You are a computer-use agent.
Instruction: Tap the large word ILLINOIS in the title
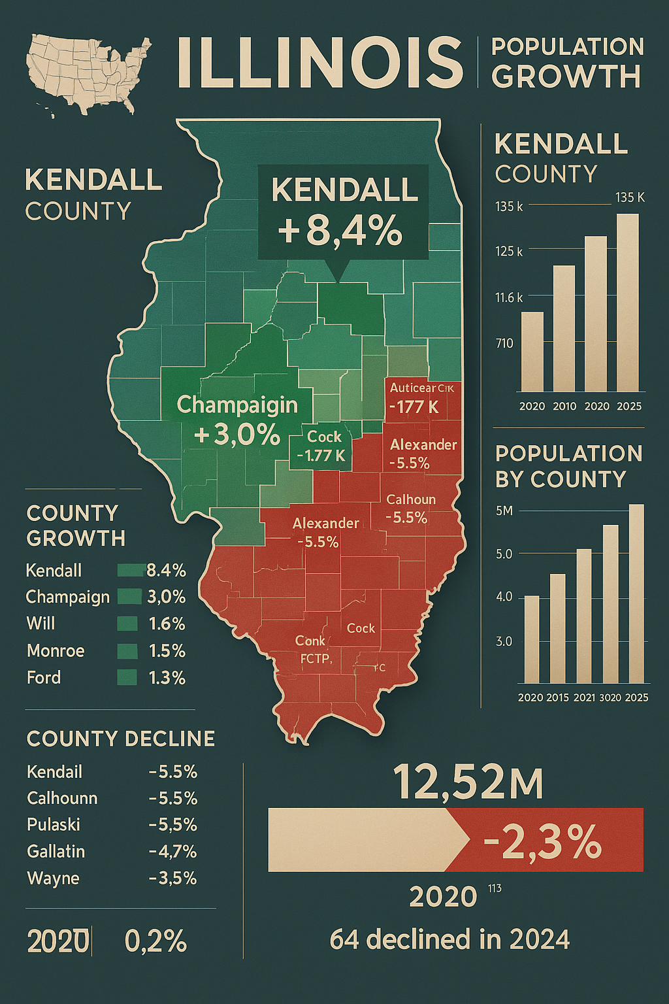pos(319,63)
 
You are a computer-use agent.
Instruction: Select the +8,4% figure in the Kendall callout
pos(340,230)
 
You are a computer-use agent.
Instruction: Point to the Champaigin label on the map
pos(237,405)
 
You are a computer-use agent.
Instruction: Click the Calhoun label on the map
pos(411,499)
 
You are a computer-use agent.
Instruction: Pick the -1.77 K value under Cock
pos(321,455)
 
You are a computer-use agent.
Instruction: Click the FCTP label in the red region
pos(316,659)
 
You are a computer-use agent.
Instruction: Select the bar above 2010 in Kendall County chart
pos(564,328)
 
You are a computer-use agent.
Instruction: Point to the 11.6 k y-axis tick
pos(509,297)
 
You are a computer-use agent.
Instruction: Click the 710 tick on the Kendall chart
pos(504,343)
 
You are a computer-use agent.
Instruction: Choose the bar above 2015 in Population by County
pos(557,628)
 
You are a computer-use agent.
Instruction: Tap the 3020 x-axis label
pos(610,697)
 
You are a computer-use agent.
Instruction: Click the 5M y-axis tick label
pos(504,510)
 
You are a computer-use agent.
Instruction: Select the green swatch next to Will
pos(127,624)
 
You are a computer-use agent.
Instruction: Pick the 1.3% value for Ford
pos(167,678)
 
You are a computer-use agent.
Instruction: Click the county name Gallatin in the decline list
pos(56,851)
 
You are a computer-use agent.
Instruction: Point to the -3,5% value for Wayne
pos(172,878)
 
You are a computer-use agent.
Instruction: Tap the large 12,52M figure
pos(468,783)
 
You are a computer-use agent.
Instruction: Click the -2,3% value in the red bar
pos(542,842)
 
